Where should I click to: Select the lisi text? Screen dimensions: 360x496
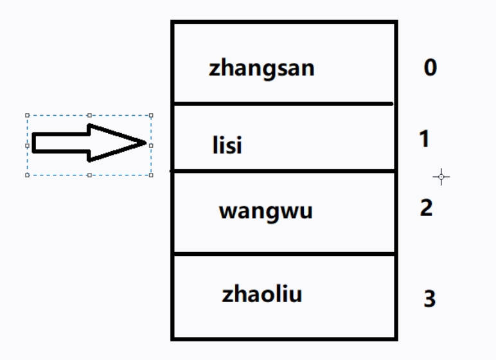[x=227, y=145]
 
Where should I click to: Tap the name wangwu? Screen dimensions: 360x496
[x=265, y=211]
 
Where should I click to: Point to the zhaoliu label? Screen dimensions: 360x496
[x=262, y=295]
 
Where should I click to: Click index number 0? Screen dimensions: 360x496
[x=430, y=67]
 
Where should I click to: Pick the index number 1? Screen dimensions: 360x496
[x=424, y=138]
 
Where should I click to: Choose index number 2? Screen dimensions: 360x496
[x=426, y=208]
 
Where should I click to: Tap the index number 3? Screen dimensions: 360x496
[x=430, y=298]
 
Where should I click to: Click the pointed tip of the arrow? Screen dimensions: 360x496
[x=146, y=143]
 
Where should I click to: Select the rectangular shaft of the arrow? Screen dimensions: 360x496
[x=61, y=143]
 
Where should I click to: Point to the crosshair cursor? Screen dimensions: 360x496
[x=441, y=176]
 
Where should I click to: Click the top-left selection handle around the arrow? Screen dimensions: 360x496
[x=27, y=116]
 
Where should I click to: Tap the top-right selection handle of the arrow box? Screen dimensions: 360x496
[x=151, y=116]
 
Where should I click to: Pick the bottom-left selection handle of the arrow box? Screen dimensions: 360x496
[x=27, y=175]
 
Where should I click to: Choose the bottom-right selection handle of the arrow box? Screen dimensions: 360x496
[x=151, y=175]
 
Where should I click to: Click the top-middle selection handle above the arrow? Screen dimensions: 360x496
[x=89, y=116]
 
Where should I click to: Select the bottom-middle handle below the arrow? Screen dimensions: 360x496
[x=89, y=175]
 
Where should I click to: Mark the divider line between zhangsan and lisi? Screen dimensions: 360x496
[x=283, y=104]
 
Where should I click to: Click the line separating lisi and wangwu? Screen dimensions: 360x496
[x=283, y=171]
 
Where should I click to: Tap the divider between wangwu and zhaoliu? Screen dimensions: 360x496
[x=283, y=254]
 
